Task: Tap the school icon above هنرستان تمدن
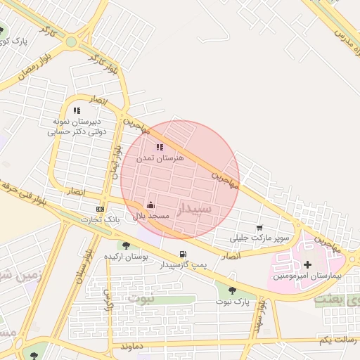[160, 148]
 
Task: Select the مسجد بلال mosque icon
[151, 206]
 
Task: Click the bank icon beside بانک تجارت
[100, 209]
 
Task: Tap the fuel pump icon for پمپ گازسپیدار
[184, 255]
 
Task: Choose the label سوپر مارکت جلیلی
[263, 239]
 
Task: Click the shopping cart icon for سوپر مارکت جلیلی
[259, 228]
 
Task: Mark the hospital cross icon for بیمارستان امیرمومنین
[307, 264]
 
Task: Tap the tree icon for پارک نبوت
[232, 290]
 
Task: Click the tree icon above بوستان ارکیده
[126, 245]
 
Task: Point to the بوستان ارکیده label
[126, 257]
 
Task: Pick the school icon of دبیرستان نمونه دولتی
[77, 110]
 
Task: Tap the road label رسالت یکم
[334, 340]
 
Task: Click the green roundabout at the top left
[71, 42]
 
